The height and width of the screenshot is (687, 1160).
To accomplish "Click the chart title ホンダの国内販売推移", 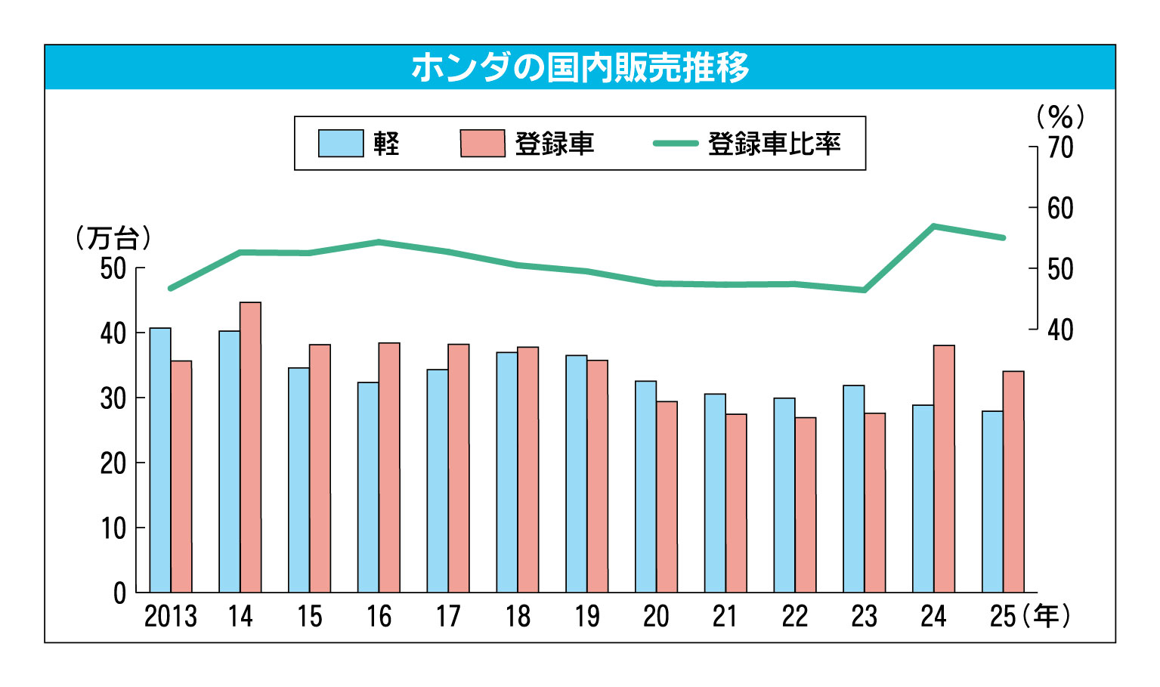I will (580, 67).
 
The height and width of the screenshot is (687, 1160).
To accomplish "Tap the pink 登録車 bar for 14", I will (250, 447).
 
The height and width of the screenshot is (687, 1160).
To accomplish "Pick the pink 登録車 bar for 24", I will (944, 469).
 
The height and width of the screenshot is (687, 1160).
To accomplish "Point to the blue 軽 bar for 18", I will (507, 472).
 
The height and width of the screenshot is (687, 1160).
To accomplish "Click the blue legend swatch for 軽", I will (341, 144).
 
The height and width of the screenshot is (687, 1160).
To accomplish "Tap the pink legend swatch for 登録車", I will (483, 144).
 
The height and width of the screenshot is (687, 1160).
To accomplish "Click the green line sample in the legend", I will (675, 143).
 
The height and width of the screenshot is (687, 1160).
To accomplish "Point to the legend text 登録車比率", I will (775, 144).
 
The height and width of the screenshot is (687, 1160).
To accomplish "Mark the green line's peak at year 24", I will (934, 226).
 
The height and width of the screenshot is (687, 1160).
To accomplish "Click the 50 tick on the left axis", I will (113, 268).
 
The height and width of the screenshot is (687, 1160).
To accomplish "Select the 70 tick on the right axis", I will (1059, 147).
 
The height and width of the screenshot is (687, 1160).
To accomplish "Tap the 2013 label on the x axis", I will (170, 617).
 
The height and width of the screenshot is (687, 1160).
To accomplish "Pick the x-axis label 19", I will (586, 617).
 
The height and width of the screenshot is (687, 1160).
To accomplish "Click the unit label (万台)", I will (113, 238).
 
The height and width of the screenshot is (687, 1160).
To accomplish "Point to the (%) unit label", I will (1060, 117).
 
